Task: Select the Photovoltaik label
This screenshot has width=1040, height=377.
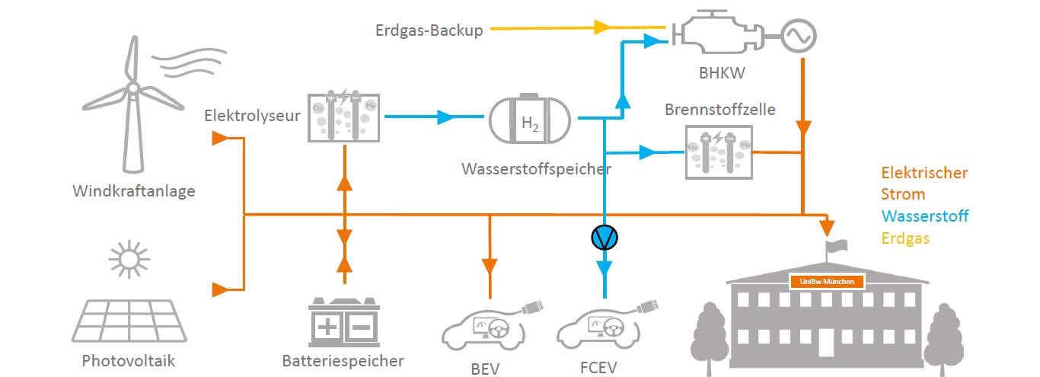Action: pyautogui.click(x=128, y=361)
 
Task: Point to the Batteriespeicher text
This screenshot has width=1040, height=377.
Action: pyautogui.click(x=343, y=360)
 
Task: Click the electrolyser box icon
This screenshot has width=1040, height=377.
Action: pyautogui.click(x=343, y=117)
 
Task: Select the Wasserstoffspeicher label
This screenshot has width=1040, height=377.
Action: pyautogui.click(x=536, y=168)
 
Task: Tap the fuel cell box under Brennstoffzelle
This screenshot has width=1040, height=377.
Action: pyautogui.click(x=719, y=152)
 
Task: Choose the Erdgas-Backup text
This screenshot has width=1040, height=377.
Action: pyautogui.click(x=429, y=30)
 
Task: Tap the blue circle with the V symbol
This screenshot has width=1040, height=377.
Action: pyautogui.click(x=605, y=238)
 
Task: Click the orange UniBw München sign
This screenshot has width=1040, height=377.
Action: pyautogui.click(x=828, y=282)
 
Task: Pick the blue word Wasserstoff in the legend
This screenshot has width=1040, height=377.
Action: pyautogui.click(x=925, y=216)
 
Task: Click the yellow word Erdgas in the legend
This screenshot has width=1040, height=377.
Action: pyautogui.click(x=906, y=238)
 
